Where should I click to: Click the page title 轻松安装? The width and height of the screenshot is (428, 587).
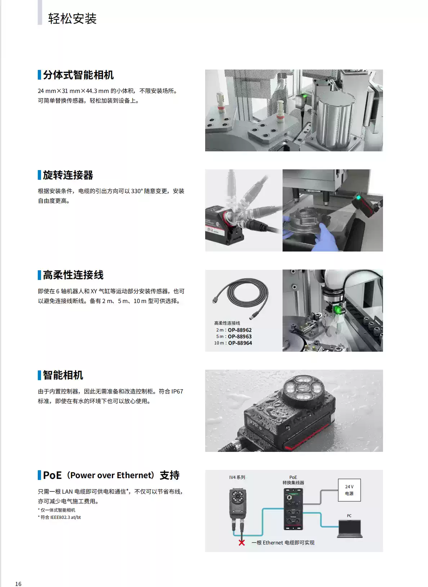pyautogui.click(x=72, y=19)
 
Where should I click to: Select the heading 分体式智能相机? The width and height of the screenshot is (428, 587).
pyautogui.click(x=78, y=75)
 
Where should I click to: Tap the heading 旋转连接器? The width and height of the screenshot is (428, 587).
pyautogui.click(x=68, y=175)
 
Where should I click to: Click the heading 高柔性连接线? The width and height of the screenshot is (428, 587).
pyautogui.click(x=73, y=275)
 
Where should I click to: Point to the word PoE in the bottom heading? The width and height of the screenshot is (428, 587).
pyautogui.click(x=53, y=475)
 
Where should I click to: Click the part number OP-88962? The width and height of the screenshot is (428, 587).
pyautogui.click(x=240, y=330)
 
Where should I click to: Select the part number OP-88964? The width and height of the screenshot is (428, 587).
pyautogui.click(x=240, y=343)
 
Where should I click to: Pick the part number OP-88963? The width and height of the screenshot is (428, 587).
pyautogui.click(x=240, y=337)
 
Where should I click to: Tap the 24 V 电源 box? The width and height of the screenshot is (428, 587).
pyautogui.click(x=349, y=490)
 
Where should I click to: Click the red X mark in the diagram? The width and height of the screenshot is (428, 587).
pyautogui.click(x=242, y=542)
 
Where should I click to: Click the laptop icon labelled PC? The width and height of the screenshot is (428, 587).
pyautogui.click(x=350, y=529)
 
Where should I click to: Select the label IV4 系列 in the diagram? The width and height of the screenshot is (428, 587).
pyautogui.click(x=237, y=477)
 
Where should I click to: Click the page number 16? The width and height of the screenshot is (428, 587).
pyautogui.click(x=18, y=583)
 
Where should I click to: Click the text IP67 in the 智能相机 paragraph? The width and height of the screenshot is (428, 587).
pyautogui.click(x=177, y=391)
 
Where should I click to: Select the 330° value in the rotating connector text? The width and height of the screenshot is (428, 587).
pyautogui.click(x=137, y=191)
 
